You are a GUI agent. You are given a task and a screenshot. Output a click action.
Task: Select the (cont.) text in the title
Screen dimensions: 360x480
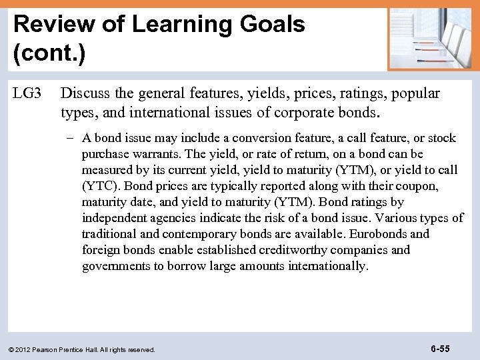pos(49,53)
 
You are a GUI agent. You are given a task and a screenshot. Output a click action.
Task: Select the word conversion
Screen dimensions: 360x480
pos(246,138)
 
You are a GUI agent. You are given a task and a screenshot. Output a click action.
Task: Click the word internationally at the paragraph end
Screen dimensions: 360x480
pos(327,266)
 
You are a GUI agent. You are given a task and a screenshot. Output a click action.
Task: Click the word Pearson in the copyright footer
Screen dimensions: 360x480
pos(50,349)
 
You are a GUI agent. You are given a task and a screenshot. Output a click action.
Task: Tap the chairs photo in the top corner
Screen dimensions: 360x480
pos(431,38)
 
